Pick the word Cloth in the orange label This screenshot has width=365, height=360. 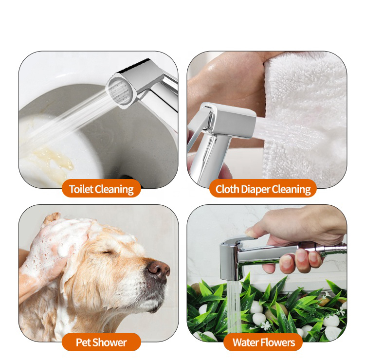click(x=227, y=189)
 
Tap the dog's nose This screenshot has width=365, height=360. click(x=159, y=270)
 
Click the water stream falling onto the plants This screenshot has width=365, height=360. click(x=234, y=307)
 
